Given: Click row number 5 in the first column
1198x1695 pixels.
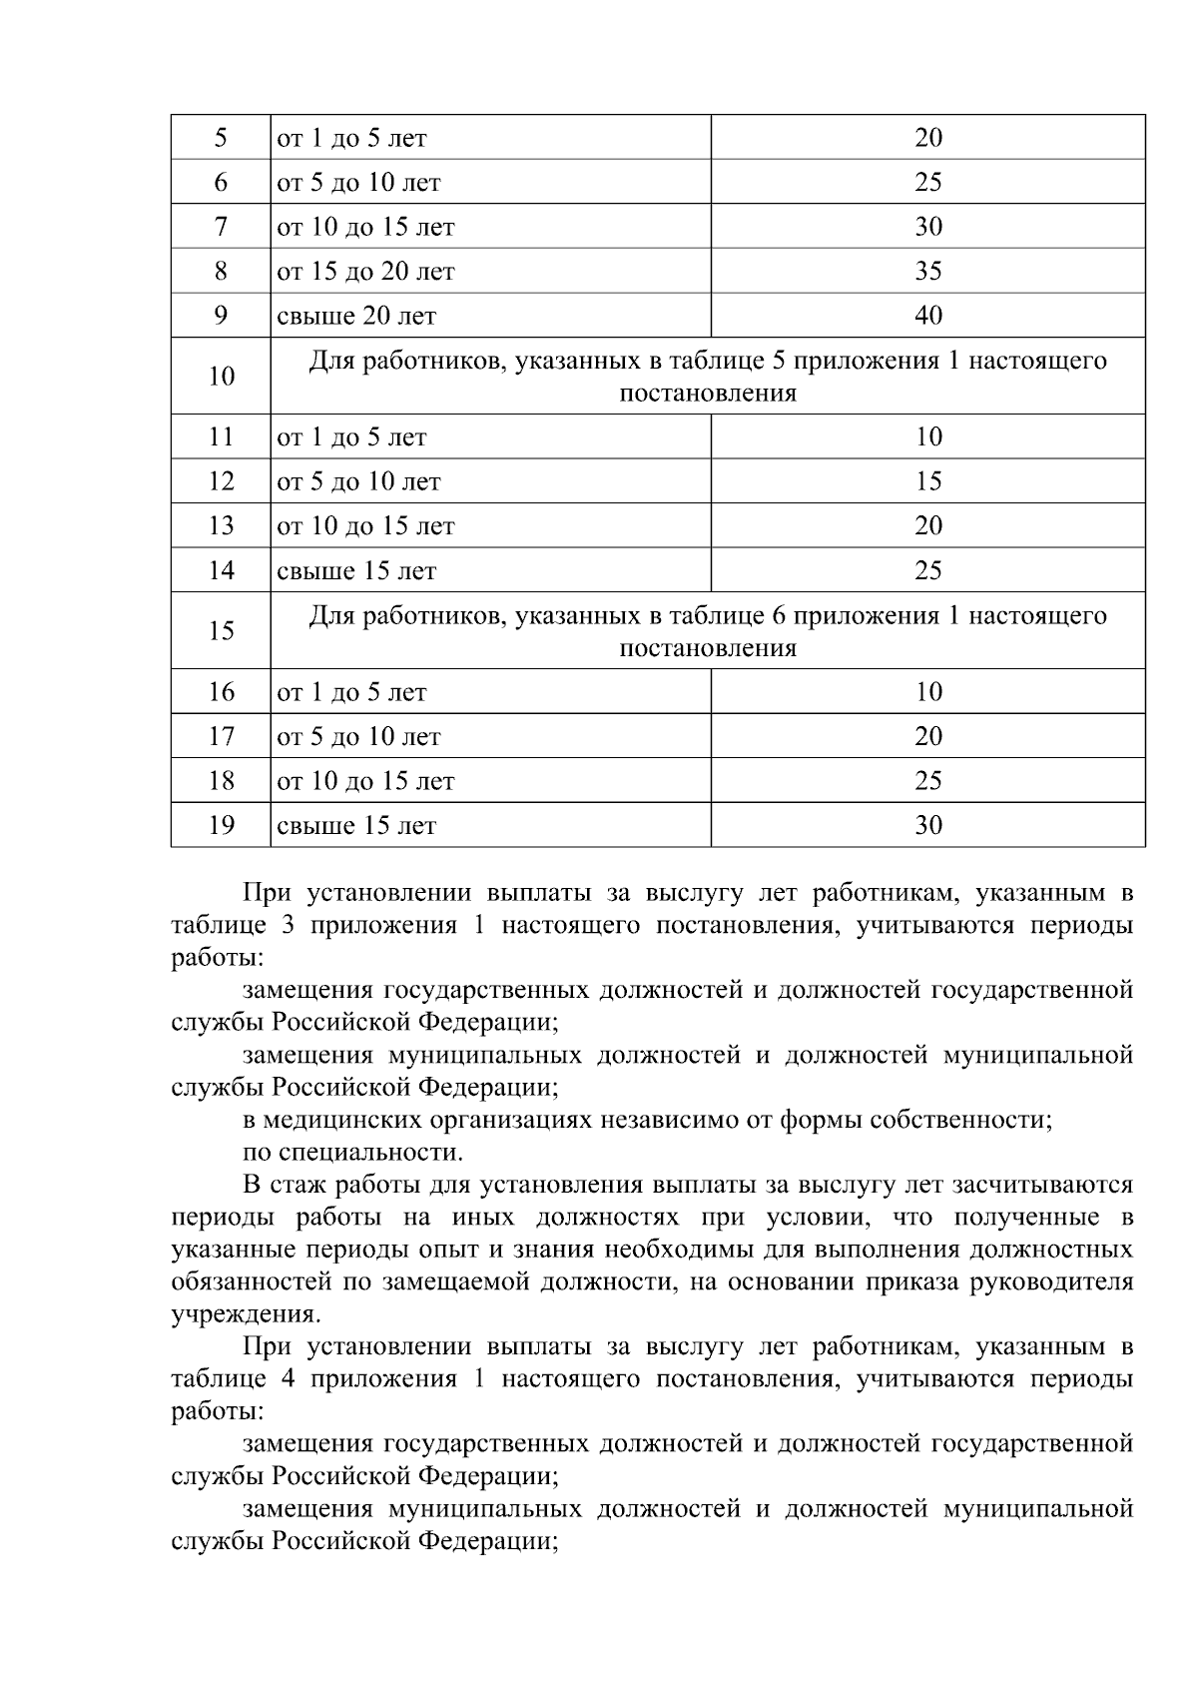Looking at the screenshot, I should click(x=221, y=138).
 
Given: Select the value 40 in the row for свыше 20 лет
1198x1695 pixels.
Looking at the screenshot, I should click(x=927, y=316).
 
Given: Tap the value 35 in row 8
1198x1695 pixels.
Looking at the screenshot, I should click(x=927, y=271).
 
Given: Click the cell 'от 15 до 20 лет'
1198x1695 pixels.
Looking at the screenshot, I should click(x=365, y=272).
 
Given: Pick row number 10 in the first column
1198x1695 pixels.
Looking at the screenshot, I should click(x=221, y=377).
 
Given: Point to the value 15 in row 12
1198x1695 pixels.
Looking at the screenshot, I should click(x=927, y=481).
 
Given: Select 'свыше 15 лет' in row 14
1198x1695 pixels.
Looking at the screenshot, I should click(x=356, y=571).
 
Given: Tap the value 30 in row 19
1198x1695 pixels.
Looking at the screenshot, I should click(x=927, y=825).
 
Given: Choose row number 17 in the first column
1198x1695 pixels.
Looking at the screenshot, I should click(x=221, y=736).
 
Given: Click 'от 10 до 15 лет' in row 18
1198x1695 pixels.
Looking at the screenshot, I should click(x=365, y=781).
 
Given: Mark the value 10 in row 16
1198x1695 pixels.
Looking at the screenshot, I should click(x=927, y=692).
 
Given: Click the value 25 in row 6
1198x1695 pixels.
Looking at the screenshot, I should click(x=927, y=182).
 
